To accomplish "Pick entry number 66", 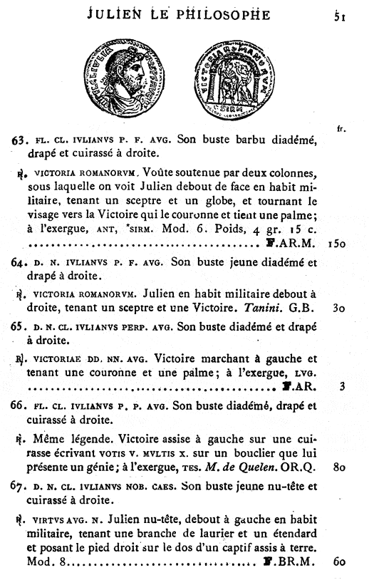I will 19,407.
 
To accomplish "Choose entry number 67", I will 19,486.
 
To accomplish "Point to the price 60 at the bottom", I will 338,562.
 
